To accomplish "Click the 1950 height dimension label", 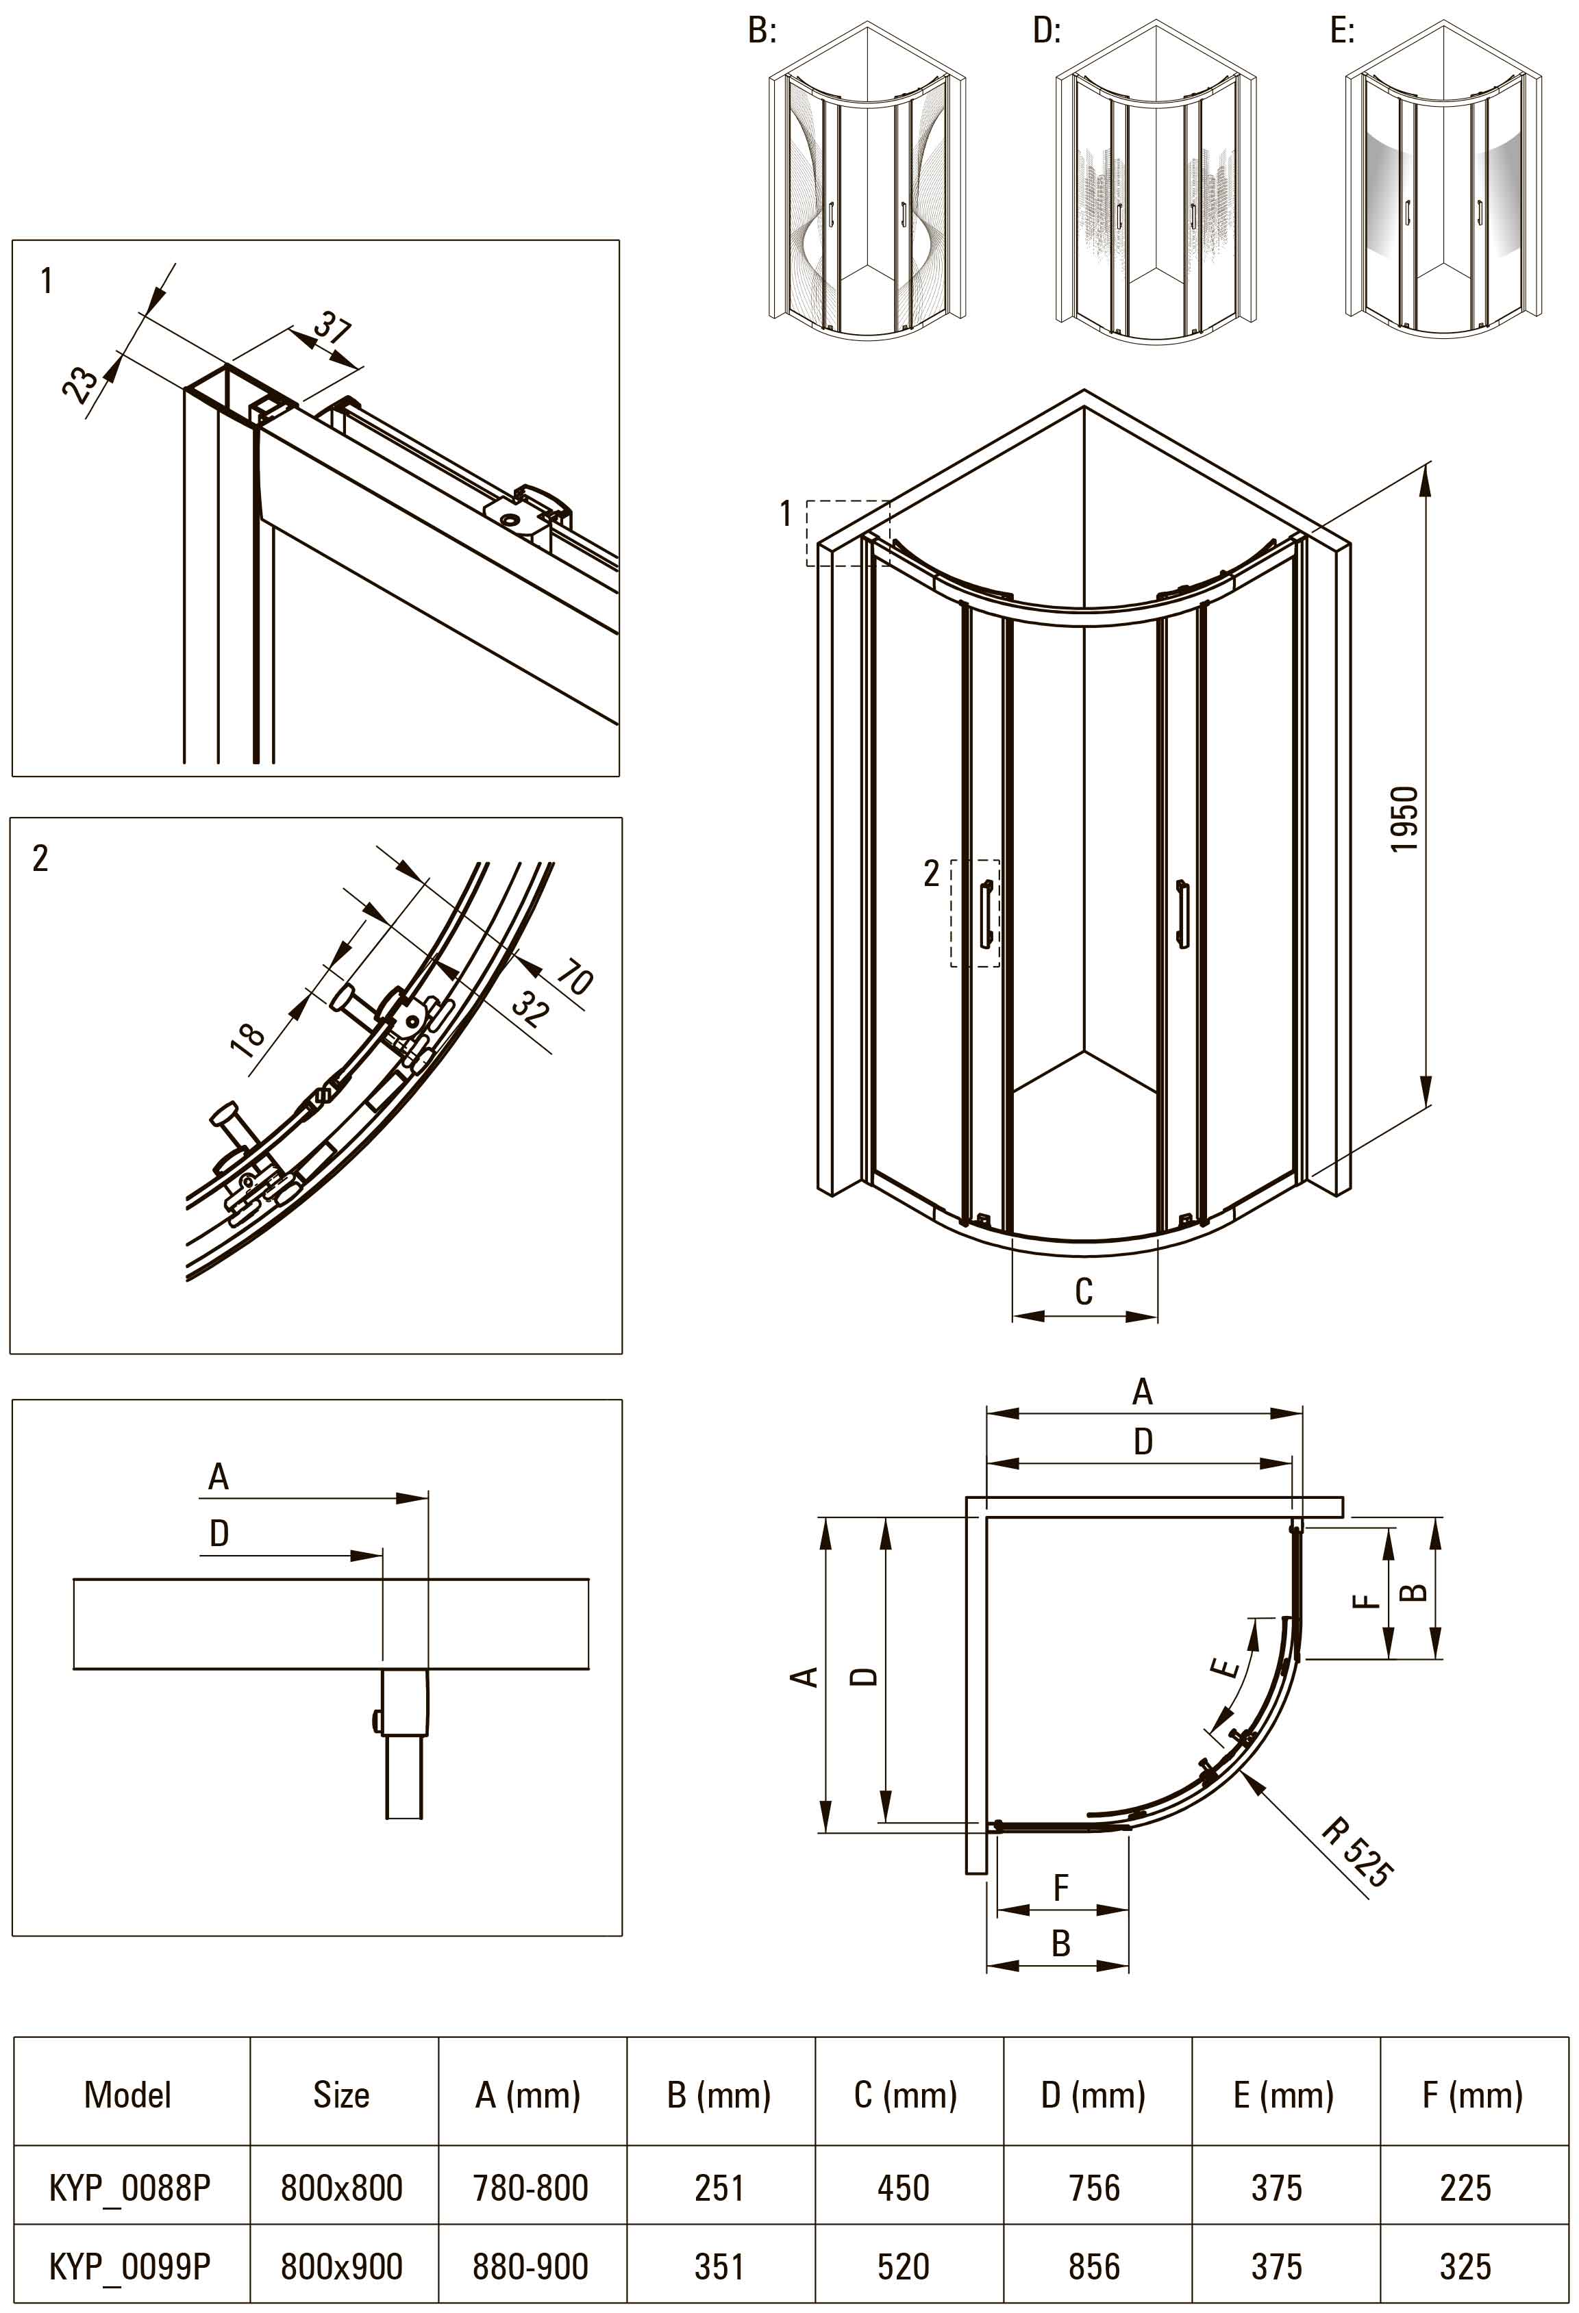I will point(1404,819).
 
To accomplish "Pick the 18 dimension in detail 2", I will point(248,1035).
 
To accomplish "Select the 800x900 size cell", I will point(341,2266).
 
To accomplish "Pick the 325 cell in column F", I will point(1465,2266).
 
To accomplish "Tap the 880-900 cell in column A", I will point(531,2266).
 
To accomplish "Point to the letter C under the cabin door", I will point(1084,1292).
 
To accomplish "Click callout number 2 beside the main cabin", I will point(932,873).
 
